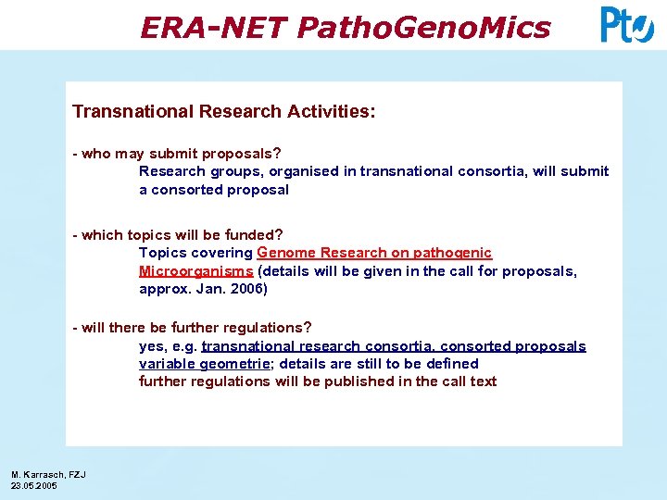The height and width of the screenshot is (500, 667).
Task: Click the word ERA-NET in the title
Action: [x=214, y=28]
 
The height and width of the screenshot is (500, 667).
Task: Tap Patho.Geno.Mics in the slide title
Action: [x=423, y=28]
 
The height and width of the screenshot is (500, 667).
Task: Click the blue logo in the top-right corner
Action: [x=626, y=25]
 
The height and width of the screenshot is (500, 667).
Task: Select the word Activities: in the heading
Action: [x=329, y=111]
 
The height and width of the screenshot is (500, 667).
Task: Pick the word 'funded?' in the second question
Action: [x=255, y=235]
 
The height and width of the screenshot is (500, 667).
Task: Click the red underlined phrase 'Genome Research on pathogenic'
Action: [x=374, y=253]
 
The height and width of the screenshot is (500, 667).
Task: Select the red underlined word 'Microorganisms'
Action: [x=195, y=271]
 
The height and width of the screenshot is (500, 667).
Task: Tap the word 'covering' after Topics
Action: [x=221, y=253]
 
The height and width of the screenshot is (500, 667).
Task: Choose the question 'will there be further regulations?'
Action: [x=196, y=328]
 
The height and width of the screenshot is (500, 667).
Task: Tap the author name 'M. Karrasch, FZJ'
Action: [x=48, y=475]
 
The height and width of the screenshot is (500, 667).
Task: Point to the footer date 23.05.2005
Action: [x=34, y=485]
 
